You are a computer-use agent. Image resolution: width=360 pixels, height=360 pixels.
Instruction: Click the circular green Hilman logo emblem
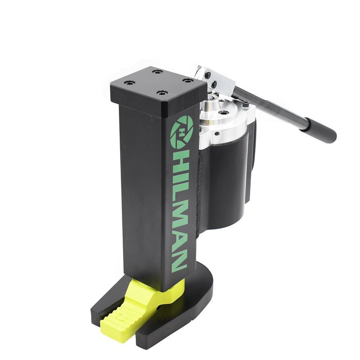[182, 131]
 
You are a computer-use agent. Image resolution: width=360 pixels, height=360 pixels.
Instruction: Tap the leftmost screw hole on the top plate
[129, 82]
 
